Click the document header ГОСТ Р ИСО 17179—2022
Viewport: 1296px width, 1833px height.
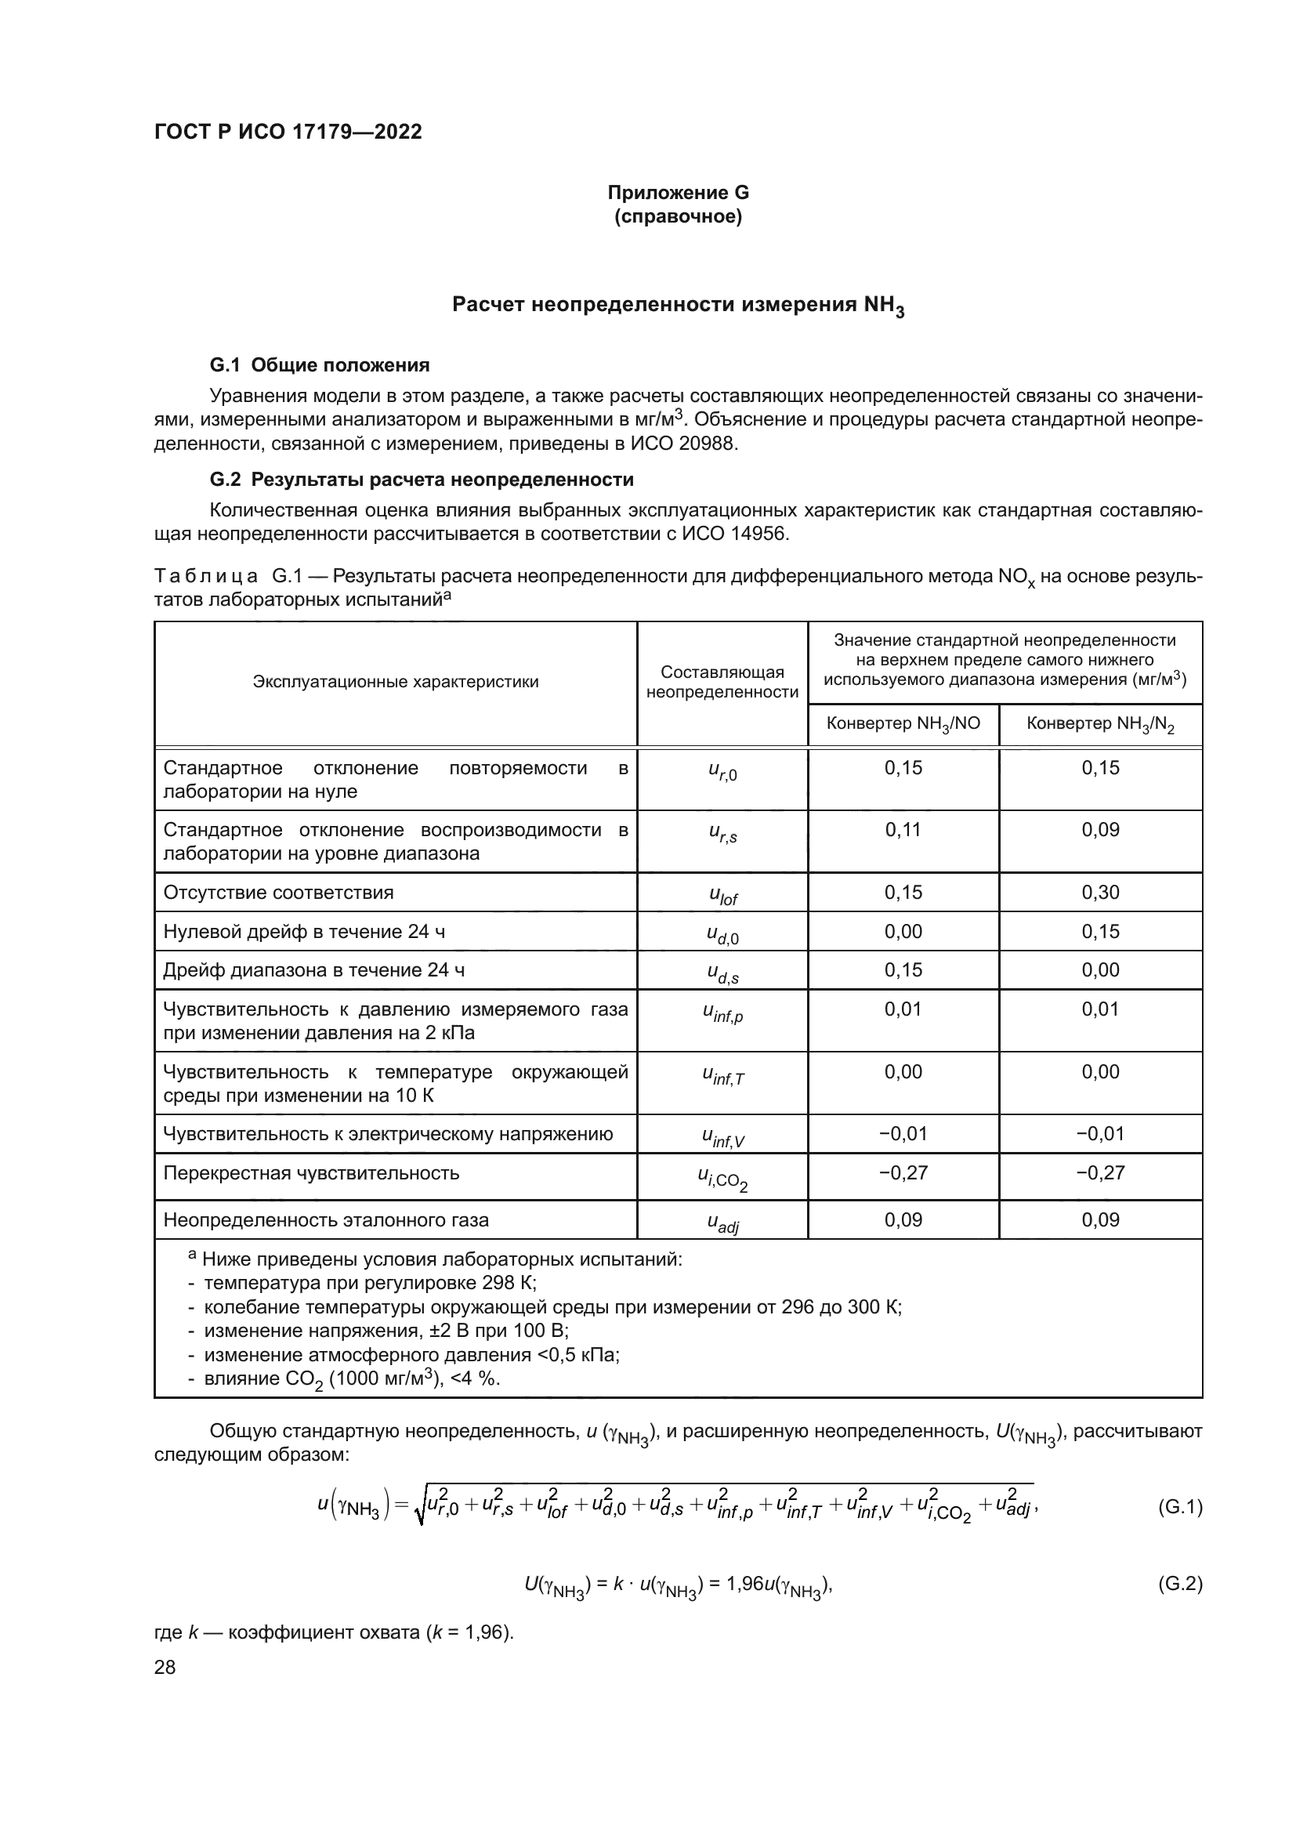(288, 132)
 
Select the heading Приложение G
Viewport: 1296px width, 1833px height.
(678, 193)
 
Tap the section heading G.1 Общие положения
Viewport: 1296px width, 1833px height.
(319, 365)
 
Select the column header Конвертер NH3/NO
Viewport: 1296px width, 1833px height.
(903, 724)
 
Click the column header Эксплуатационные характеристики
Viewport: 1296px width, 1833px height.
(395, 682)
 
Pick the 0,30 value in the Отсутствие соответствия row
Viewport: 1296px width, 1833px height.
(1100, 892)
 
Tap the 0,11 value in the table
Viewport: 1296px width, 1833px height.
(903, 829)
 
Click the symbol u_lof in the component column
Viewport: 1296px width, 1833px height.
(723, 895)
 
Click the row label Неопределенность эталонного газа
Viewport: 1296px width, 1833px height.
(326, 1220)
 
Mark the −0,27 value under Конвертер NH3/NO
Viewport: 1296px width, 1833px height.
(903, 1173)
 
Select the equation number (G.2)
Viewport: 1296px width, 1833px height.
(1179, 1583)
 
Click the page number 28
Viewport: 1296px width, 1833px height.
(165, 1667)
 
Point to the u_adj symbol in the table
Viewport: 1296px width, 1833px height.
(723, 1223)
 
